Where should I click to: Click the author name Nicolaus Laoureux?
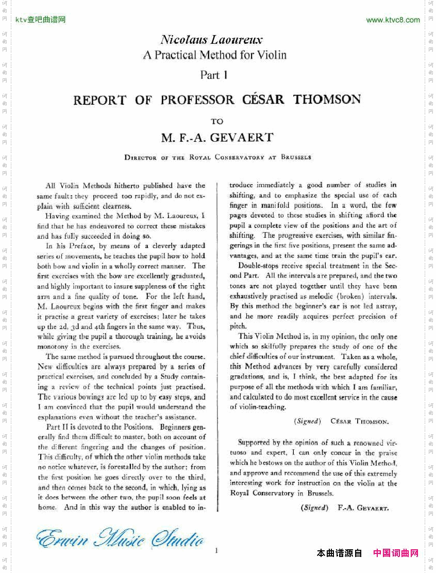coord(211,40)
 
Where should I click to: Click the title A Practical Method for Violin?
coord(214,55)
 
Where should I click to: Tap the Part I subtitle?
coord(213,75)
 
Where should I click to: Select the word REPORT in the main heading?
coord(99,100)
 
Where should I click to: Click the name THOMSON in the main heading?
coord(327,99)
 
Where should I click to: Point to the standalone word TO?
coord(217,122)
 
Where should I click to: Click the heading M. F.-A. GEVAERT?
coord(217,138)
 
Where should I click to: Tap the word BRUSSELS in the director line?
coord(296,157)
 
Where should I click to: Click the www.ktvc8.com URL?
coord(393,20)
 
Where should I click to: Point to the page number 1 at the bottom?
coord(216,551)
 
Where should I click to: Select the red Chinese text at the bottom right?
coord(395,553)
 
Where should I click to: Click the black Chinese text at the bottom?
coord(339,553)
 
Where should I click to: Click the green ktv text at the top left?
coord(40,20)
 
